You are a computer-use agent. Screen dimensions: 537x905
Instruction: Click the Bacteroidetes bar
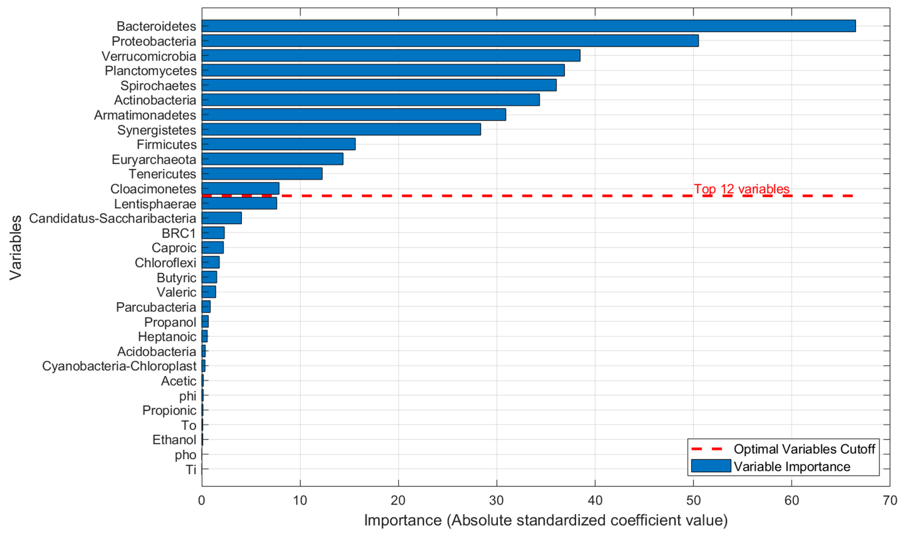tap(529, 26)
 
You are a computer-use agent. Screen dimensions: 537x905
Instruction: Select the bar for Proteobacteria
tap(450, 41)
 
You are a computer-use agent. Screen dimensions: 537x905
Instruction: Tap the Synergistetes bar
tap(341, 129)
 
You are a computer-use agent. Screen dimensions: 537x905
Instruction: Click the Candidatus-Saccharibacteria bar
tap(221, 218)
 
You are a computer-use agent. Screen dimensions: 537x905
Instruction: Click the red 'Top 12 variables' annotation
tap(741, 189)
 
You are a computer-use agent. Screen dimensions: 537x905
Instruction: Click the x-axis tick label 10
tap(300, 500)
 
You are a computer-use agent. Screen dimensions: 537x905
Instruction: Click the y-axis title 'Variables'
tap(15, 248)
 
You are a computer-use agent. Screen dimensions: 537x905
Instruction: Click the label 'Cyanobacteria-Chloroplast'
tap(119, 366)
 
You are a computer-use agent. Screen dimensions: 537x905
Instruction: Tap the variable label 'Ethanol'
tap(174, 440)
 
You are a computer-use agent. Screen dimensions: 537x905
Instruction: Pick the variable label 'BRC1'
tap(179, 233)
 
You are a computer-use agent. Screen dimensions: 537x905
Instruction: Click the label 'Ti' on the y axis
tap(191, 469)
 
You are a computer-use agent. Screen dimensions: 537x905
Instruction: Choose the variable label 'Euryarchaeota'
tap(154, 159)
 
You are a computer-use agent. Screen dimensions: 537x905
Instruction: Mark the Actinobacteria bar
tap(370, 100)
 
